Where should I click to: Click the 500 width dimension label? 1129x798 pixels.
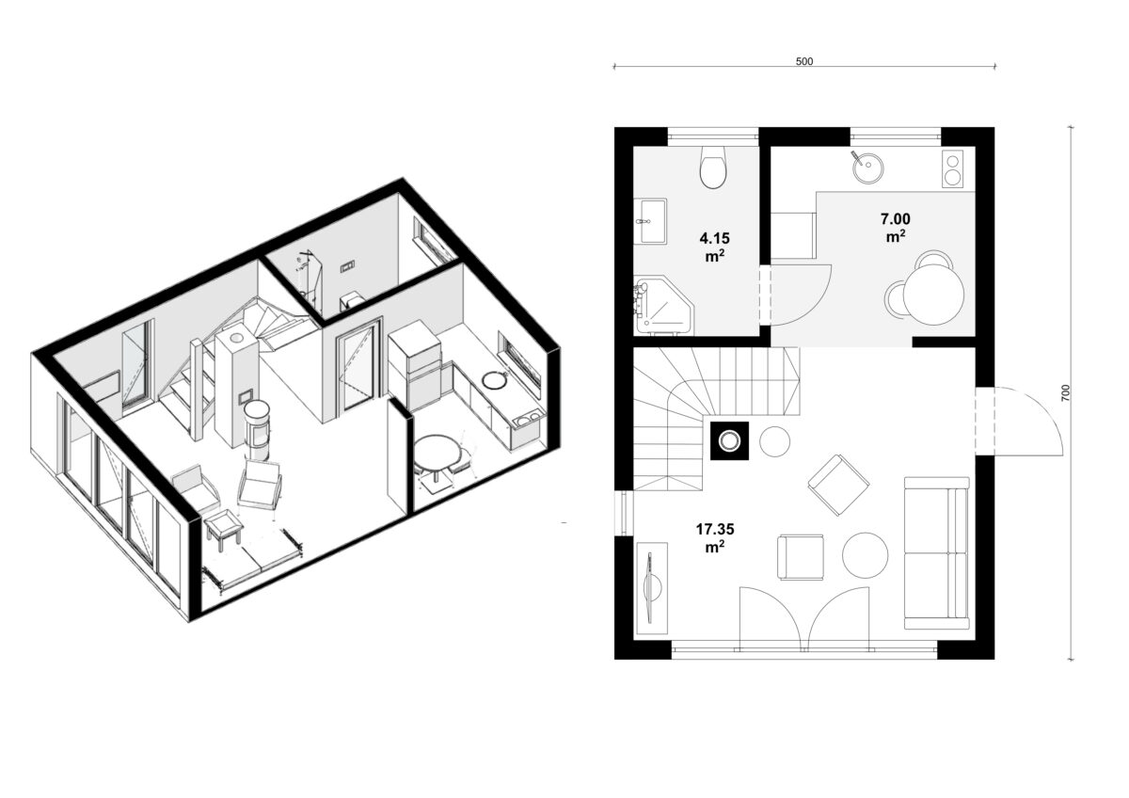(x=803, y=61)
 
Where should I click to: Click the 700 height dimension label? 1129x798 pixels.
(x=1065, y=392)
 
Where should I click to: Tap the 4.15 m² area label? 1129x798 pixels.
(x=714, y=247)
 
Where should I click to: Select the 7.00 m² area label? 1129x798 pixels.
(x=895, y=228)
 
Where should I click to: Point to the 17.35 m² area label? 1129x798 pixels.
(x=715, y=538)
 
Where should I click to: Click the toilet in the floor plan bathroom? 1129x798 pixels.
(x=713, y=168)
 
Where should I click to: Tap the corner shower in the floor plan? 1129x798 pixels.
(x=664, y=306)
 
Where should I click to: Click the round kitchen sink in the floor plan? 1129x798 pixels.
(x=867, y=167)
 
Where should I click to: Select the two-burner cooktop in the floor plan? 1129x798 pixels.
(x=952, y=168)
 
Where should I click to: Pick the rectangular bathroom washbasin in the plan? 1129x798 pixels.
(x=650, y=221)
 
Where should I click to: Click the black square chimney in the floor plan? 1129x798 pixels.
(x=729, y=440)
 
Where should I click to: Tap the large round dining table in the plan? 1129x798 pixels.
(x=933, y=295)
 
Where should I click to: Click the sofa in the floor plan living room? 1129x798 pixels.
(x=936, y=552)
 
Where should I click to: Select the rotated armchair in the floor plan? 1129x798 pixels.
(x=838, y=485)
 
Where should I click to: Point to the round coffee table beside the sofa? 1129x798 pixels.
(x=865, y=555)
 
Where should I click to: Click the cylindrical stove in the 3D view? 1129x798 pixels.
(x=258, y=429)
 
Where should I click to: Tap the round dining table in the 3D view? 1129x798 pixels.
(x=437, y=451)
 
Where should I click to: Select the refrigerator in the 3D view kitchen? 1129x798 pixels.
(x=414, y=364)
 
